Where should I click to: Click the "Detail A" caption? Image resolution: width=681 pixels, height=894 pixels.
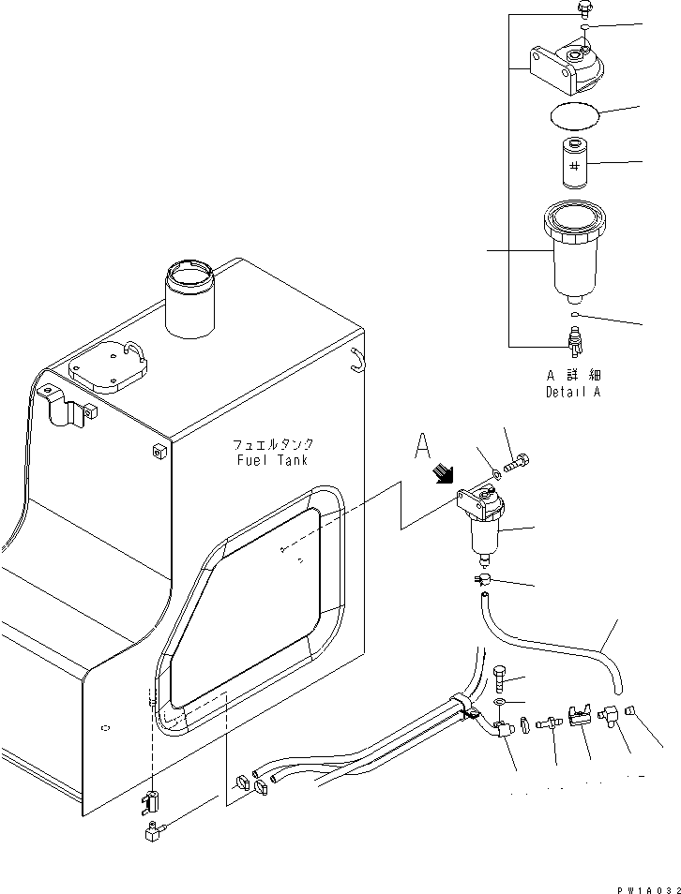[x=572, y=392]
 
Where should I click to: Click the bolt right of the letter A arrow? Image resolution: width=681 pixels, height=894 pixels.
[x=519, y=462]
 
